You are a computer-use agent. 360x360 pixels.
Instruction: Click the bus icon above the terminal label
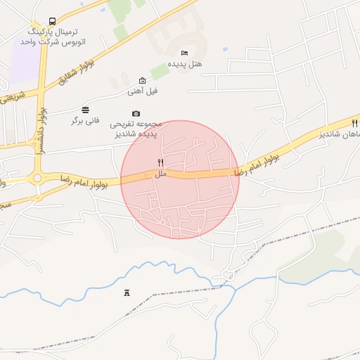pos(52,22)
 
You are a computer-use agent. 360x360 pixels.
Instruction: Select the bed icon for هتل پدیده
pos(184,53)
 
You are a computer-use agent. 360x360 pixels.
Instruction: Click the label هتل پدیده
pos(187,64)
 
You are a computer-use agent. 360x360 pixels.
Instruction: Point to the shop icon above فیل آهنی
pos(143,80)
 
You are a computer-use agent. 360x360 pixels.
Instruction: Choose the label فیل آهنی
pos(143,91)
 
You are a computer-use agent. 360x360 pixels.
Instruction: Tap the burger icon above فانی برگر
pos(86,109)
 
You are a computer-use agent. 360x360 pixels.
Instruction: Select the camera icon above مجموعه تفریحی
pos(136,114)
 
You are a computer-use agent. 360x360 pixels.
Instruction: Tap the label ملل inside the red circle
pos(161,173)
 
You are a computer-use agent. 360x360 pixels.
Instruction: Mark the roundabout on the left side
pos(37,179)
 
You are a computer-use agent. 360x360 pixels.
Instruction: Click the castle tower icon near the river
pos(127,292)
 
